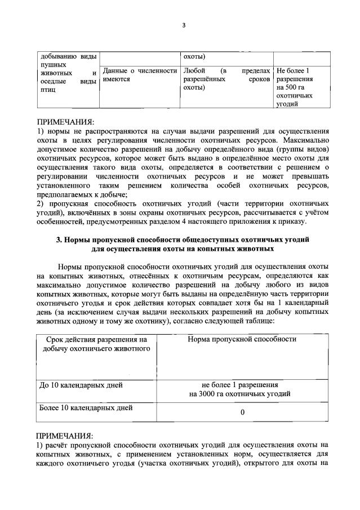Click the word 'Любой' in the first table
pyautogui.click(x=194, y=71)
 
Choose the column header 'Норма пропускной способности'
pyautogui.click(x=242, y=339)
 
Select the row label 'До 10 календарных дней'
pyautogui.click(x=81, y=385)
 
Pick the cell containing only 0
pyautogui.click(x=242, y=412)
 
